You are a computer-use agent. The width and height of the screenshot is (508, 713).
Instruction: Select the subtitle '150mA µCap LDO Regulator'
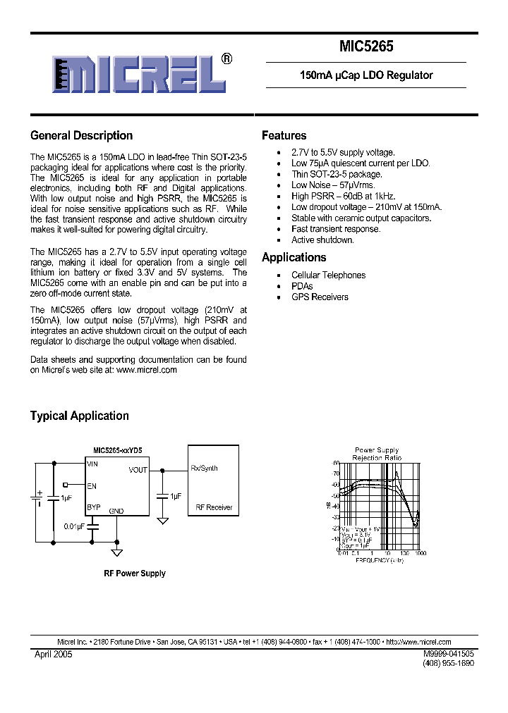coord(365,75)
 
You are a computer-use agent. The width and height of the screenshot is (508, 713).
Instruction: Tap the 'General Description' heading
coord(81,135)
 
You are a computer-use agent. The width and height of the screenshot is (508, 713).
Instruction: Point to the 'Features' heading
coord(284,135)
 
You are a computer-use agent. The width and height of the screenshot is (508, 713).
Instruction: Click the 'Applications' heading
coord(294,257)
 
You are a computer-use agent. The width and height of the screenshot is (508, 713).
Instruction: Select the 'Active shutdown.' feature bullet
coord(322,240)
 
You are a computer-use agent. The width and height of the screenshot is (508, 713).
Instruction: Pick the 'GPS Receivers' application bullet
coord(320,297)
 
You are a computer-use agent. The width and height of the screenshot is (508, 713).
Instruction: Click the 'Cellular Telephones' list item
coord(328,275)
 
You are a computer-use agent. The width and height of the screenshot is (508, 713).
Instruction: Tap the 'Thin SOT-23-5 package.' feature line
coord(337,174)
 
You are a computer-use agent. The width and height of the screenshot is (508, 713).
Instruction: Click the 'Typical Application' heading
coord(79,416)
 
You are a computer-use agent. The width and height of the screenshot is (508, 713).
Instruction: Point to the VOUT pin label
coord(138,470)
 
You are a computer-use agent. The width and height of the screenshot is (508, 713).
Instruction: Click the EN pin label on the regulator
coord(91,485)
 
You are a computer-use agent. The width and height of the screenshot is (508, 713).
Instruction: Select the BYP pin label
coord(93,507)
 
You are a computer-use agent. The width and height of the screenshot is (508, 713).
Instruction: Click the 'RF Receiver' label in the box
coord(213,507)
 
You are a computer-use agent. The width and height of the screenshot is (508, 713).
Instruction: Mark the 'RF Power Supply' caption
coord(135,573)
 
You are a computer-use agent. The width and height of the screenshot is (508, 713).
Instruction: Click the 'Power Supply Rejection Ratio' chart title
coord(376,454)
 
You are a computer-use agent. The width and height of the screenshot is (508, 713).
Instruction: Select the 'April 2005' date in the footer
coord(54,655)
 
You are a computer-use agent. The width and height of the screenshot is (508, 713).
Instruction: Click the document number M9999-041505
coord(448,655)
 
